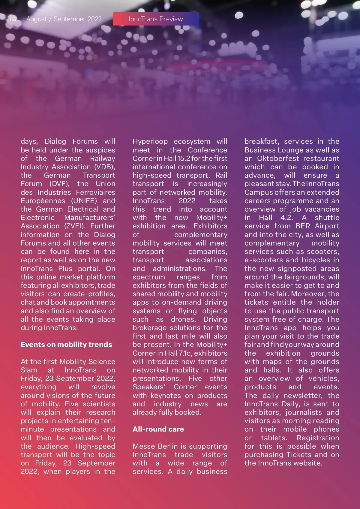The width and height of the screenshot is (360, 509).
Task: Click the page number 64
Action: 13,19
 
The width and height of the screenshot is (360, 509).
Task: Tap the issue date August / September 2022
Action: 64,19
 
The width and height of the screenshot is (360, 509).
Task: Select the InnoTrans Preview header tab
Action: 156,19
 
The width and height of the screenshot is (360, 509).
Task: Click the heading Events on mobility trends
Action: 66,345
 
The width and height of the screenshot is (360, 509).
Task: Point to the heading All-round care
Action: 158,429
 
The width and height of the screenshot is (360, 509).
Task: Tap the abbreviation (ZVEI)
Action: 75,226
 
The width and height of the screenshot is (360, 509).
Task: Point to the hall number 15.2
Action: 184,158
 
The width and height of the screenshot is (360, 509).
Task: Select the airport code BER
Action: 303,226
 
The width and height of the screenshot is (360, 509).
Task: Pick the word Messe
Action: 144,446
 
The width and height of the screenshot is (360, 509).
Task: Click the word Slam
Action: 29,370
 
